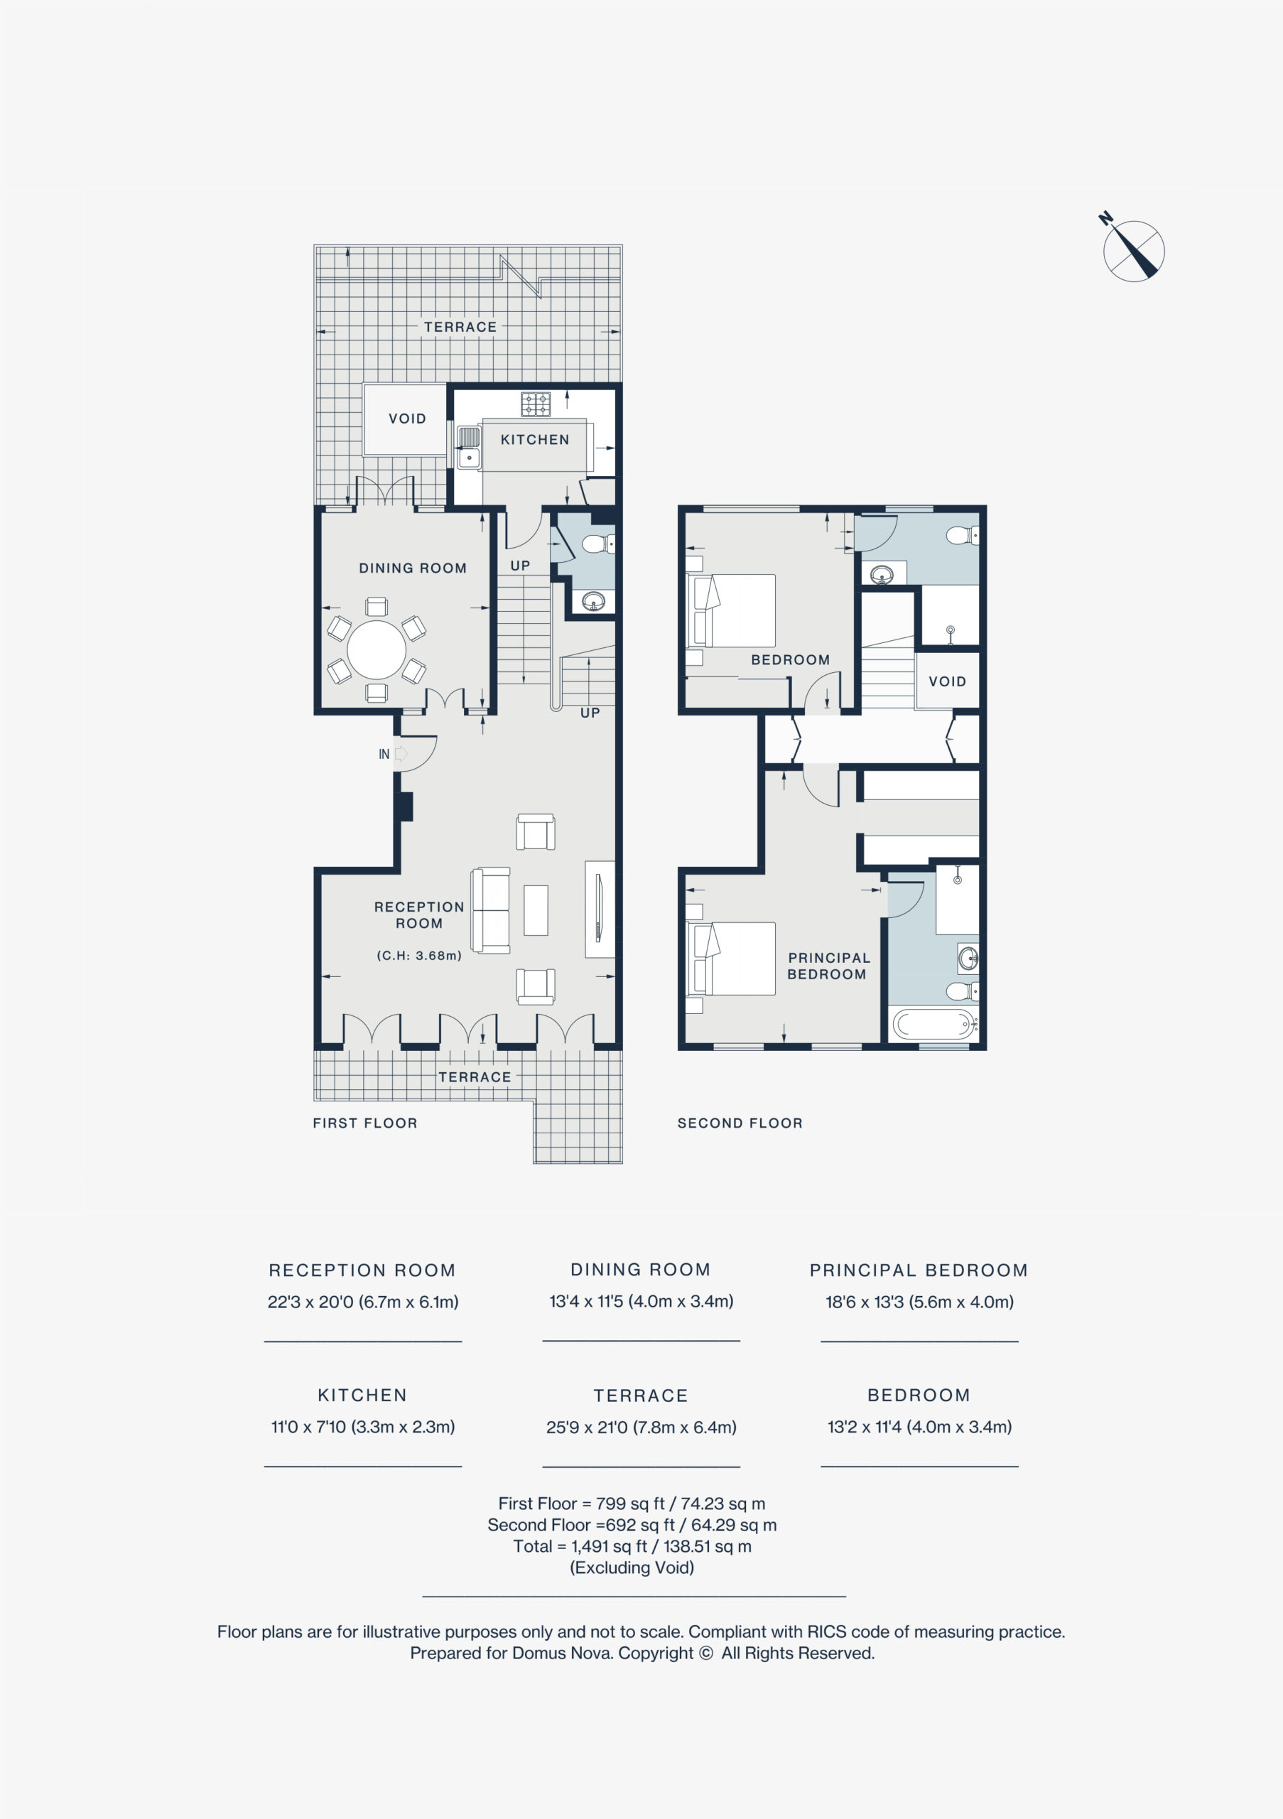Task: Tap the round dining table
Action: coord(377,650)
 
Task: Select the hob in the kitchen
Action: coord(536,404)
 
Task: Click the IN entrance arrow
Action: coord(400,753)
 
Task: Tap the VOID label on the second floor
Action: coord(947,681)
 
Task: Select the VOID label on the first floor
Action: coord(407,419)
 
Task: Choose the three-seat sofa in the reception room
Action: coord(491,910)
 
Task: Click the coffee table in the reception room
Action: coord(536,910)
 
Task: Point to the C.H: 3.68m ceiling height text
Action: coord(419,956)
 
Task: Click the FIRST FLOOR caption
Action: coord(365,1123)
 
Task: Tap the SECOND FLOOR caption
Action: coord(740,1123)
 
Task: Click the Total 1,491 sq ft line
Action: coord(632,1545)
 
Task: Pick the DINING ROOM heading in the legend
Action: coord(641,1269)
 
